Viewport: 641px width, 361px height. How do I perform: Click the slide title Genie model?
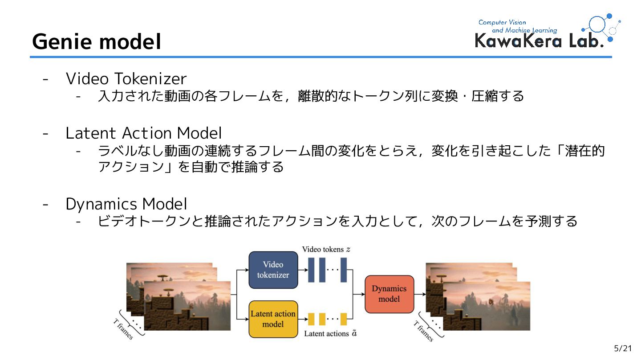[96, 42]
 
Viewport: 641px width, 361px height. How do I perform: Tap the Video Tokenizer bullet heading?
[126, 79]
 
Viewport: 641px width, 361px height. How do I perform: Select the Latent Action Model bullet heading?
[143, 133]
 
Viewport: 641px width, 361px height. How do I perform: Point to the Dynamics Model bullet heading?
[126, 204]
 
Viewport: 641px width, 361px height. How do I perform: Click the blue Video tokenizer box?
[273, 270]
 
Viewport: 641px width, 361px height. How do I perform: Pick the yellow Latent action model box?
[273, 319]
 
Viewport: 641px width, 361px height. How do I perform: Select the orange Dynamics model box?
[389, 294]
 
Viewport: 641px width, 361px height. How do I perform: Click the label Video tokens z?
[326, 249]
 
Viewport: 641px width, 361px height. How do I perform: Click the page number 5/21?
[623, 349]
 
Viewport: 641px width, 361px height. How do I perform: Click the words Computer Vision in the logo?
[502, 22]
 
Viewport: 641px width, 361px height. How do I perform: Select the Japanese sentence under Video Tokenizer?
[311, 96]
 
